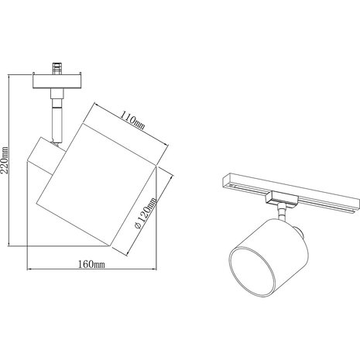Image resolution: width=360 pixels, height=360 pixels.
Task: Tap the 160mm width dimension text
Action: [x=91, y=263]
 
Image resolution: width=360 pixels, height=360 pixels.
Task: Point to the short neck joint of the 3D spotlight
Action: [x=281, y=211]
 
